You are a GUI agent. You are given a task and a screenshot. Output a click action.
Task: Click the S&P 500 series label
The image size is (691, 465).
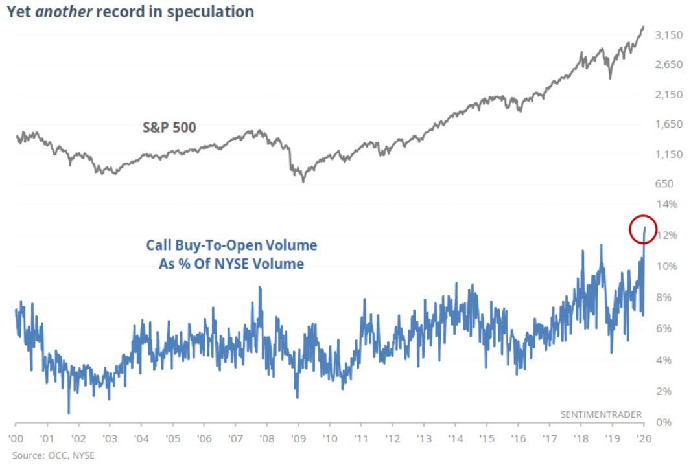coord(169,128)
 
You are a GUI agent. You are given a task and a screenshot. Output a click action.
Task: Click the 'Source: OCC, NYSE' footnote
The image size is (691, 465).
coord(53,455)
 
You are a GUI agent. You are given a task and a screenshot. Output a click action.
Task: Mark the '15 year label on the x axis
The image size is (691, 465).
coord(486,438)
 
